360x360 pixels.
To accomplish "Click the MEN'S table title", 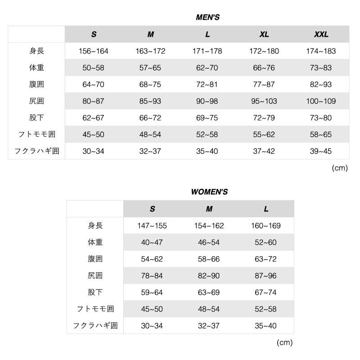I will (x=207, y=18).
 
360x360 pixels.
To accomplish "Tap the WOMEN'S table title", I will (x=209, y=192).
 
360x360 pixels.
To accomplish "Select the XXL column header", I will (x=321, y=34).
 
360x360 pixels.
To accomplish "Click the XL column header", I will (x=264, y=34).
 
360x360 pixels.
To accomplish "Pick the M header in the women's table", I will (x=209, y=209).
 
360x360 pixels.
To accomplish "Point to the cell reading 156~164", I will (x=94, y=51).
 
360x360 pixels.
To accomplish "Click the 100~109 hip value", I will (x=321, y=101).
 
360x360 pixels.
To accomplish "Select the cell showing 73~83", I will (x=321, y=68).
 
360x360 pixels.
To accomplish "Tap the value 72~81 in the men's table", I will (x=207, y=85).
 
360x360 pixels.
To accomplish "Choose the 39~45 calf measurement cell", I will (x=321, y=151).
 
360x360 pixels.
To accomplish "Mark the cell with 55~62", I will (x=264, y=135).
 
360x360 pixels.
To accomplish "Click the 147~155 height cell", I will (x=152, y=225).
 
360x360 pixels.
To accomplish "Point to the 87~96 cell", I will (x=266, y=275).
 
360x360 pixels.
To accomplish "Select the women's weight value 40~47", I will (x=152, y=242).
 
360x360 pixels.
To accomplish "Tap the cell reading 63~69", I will (x=209, y=292).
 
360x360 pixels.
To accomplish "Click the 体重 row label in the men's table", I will (x=36, y=68).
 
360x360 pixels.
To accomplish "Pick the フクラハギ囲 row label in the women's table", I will (x=95, y=326).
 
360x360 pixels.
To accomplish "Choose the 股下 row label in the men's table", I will (x=36, y=118).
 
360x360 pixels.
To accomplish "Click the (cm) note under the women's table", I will (x=284, y=342).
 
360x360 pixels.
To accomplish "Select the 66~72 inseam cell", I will (x=150, y=118).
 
